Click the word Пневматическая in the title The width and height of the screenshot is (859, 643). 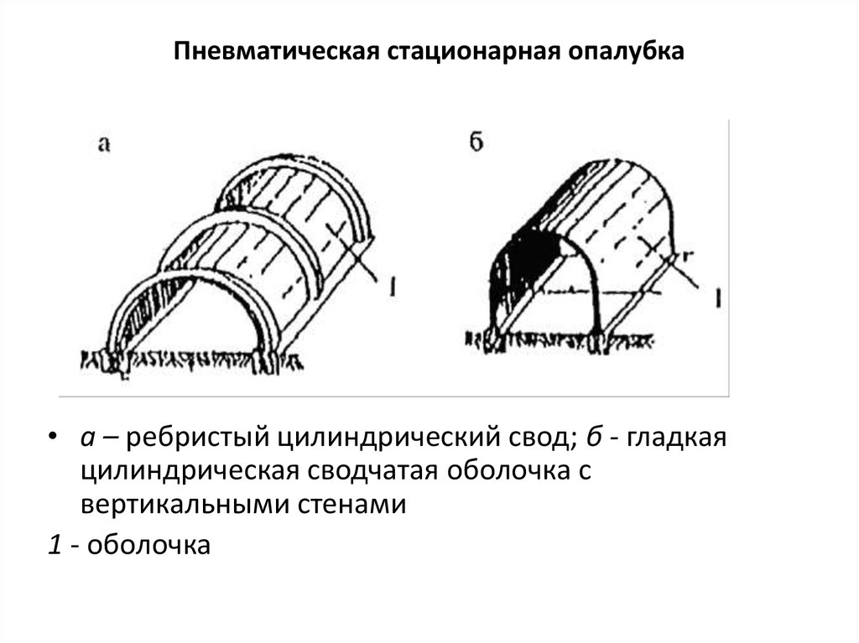[277, 51]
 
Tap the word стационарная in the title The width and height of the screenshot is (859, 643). [475, 51]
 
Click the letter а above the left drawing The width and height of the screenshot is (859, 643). [103, 144]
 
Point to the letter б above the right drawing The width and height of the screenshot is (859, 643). [476, 142]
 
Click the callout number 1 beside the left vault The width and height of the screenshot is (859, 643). [393, 286]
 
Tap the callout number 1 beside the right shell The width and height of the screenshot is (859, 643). [718, 298]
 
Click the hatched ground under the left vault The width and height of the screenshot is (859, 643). [192, 360]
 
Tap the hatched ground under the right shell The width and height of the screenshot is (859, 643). [559, 340]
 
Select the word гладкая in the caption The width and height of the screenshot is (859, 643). [677, 438]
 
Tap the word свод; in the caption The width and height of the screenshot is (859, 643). [542, 438]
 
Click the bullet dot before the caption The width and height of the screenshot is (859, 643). [53, 437]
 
